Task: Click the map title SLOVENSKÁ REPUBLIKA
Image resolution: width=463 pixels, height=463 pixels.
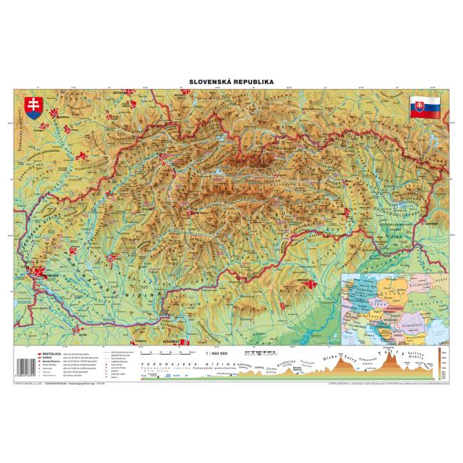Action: [231, 82]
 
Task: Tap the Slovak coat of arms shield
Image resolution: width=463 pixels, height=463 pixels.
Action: [31, 107]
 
